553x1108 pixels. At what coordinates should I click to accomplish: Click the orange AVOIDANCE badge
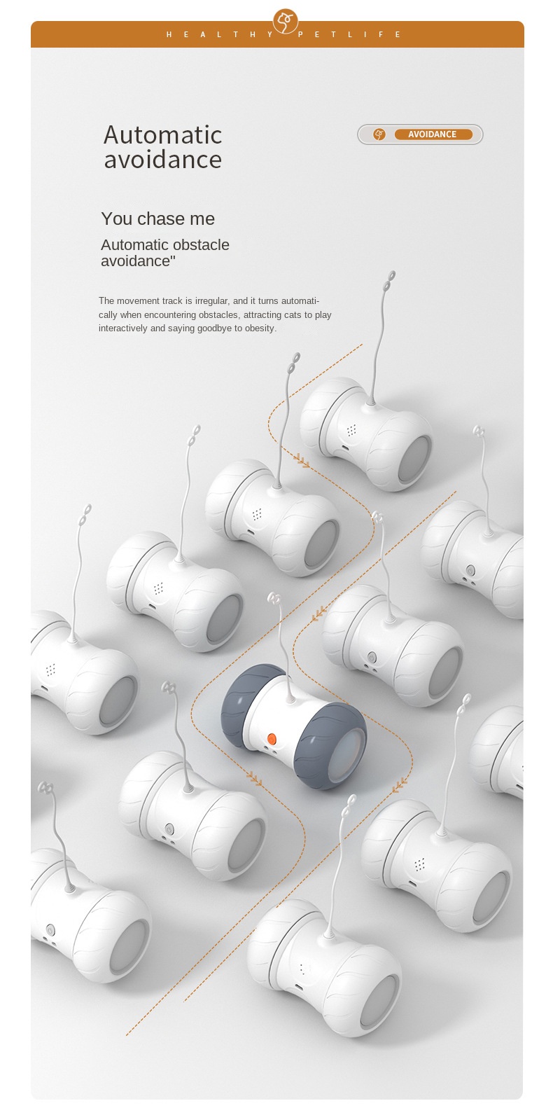[x=433, y=134]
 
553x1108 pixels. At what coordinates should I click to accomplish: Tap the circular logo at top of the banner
[x=286, y=21]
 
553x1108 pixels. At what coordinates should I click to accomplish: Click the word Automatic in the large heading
[x=162, y=135]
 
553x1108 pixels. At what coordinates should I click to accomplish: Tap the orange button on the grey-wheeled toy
[x=272, y=738]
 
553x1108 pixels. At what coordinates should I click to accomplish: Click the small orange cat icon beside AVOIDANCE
[x=379, y=134]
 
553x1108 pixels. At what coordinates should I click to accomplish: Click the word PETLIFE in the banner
[x=349, y=34]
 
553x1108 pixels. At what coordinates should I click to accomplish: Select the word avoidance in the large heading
[x=162, y=160]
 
